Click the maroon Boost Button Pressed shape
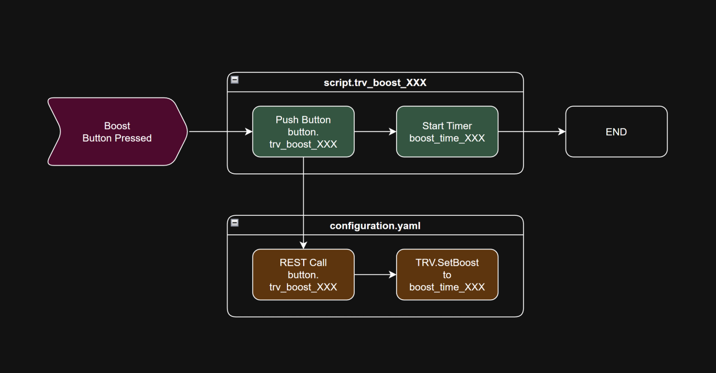[x=117, y=132]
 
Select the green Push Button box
[x=303, y=132]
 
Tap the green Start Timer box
[x=447, y=132]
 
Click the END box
[x=616, y=132]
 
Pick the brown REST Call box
[x=303, y=275]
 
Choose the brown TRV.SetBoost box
[x=447, y=275]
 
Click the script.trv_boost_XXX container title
[x=375, y=83]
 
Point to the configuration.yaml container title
[x=375, y=226]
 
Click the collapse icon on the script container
[x=235, y=80]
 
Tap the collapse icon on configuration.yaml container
[x=235, y=223]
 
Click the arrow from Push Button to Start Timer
[x=375, y=132]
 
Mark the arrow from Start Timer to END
[x=531, y=132]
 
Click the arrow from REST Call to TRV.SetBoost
[x=375, y=275]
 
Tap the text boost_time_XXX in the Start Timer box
[x=447, y=138]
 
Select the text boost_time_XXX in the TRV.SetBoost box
[x=447, y=287]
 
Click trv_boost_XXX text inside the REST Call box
[x=303, y=287]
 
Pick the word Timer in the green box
[x=460, y=126]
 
